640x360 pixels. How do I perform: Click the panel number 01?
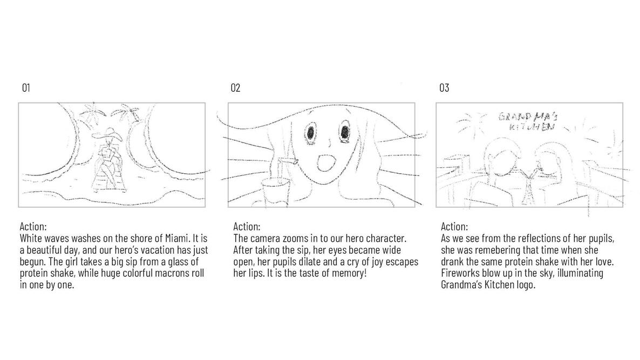tap(25, 88)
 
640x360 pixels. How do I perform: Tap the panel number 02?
tap(235, 88)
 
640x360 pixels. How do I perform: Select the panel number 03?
tap(444, 88)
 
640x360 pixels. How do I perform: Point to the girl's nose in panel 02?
tap(328, 144)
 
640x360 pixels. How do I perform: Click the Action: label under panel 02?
tap(246, 226)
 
